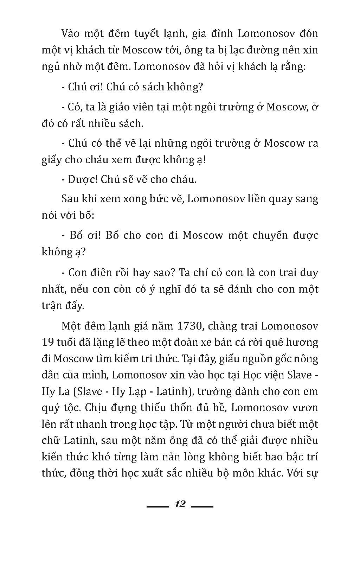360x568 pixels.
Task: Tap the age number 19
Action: tap(48, 342)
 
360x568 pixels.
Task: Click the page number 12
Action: tap(180, 504)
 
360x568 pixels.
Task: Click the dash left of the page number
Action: tap(157, 506)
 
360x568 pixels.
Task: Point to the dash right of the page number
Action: tap(202, 506)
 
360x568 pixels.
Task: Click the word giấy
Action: tap(52, 160)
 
